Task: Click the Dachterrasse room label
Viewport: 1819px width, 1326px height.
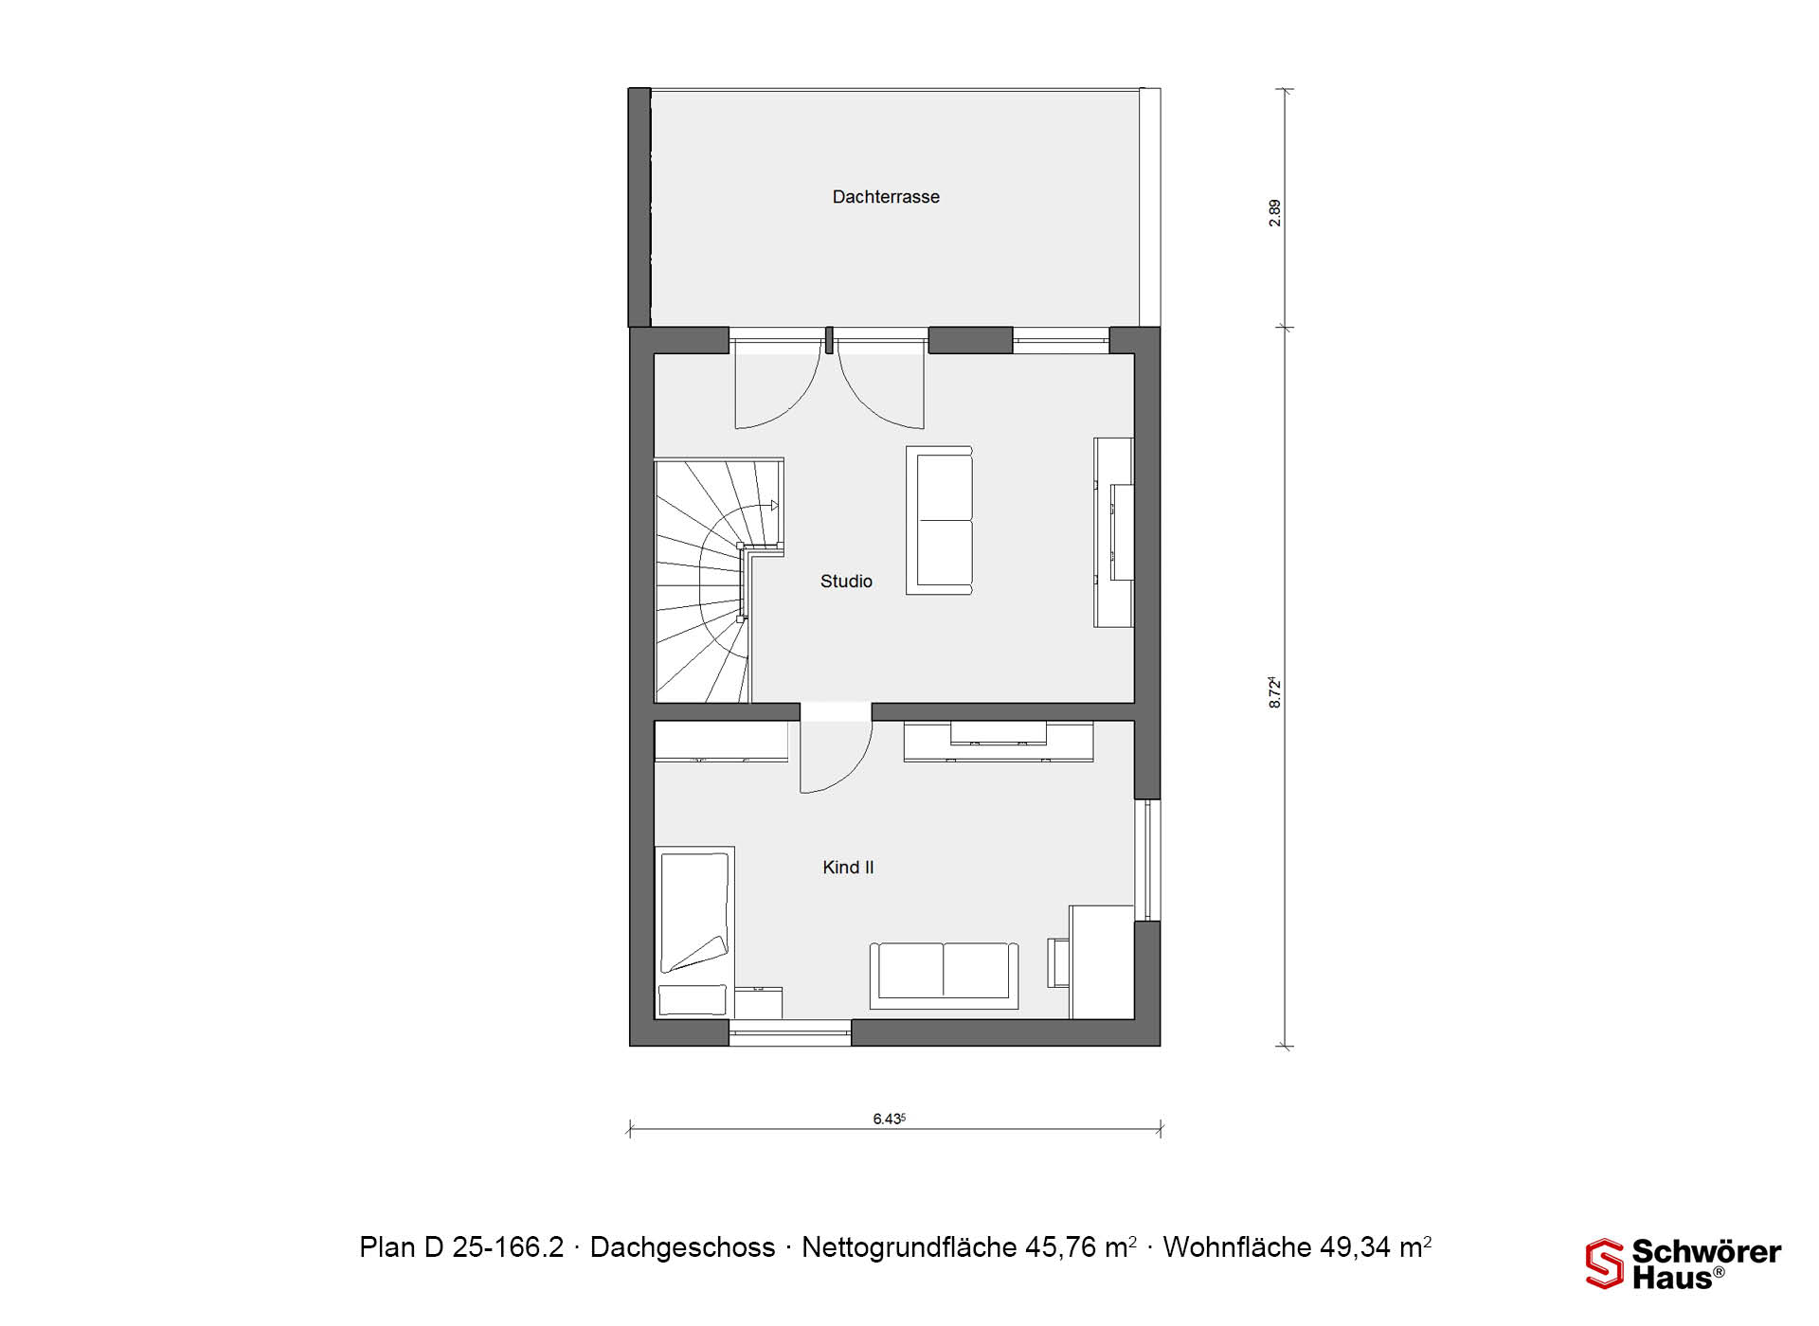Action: pyautogui.click(x=886, y=197)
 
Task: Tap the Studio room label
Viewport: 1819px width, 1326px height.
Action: pyautogui.click(x=846, y=582)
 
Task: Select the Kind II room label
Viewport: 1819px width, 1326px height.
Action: pyautogui.click(x=848, y=868)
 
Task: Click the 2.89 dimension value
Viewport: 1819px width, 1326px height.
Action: pyautogui.click(x=1275, y=212)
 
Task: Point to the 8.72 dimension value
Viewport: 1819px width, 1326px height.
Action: pyautogui.click(x=1275, y=692)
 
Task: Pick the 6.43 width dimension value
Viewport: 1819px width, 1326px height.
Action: pyautogui.click(x=890, y=1119)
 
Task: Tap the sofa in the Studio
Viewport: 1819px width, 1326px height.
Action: pyautogui.click(x=939, y=520)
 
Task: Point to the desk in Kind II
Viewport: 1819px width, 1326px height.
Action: pyautogui.click(x=1102, y=961)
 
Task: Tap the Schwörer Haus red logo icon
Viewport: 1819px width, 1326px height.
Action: pyautogui.click(x=1604, y=1263)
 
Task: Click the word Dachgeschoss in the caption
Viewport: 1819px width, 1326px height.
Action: pyautogui.click(x=682, y=1247)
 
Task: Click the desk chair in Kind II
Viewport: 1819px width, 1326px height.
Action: pyautogui.click(x=1058, y=962)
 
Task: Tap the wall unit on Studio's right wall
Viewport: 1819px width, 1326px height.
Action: pyautogui.click(x=1114, y=531)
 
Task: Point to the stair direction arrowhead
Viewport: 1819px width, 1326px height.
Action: pyautogui.click(x=774, y=506)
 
